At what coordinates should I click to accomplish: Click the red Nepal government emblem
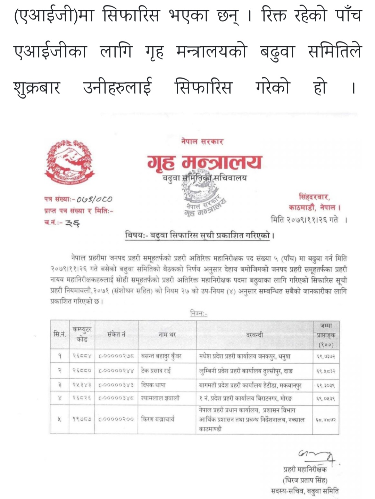coord(69,162)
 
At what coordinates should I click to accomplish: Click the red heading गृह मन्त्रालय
coord(204,162)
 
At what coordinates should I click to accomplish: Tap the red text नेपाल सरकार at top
coord(202,142)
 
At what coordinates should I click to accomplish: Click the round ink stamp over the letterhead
coord(203,195)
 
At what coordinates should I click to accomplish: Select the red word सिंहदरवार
coord(315,197)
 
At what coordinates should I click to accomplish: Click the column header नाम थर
coord(167,335)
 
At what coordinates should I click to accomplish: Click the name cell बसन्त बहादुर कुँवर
coord(161,356)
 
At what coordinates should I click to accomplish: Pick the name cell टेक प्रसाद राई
coord(156,371)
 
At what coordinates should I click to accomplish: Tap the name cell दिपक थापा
coord(153,385)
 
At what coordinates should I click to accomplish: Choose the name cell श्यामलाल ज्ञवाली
coord(160,398)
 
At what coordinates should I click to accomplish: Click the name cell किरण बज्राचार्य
coord(158,419)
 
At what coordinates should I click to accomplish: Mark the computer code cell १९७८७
coord(82,419)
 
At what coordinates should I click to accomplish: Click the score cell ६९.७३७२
coord(326,356)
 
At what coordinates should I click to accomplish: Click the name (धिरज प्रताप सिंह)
coord(305,480)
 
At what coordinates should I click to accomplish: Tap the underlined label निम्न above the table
coord(199,313)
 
